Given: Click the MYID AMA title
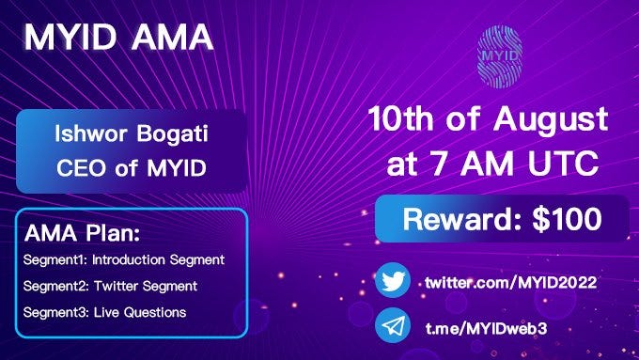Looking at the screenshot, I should (x=118, y=39).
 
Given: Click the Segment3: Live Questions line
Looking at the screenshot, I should (x=105, y=312).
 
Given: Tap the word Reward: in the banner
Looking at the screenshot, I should (x=458, y=219).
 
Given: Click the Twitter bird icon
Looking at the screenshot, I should (x=393, y=282).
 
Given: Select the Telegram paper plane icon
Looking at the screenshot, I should (x=393, y=326).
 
